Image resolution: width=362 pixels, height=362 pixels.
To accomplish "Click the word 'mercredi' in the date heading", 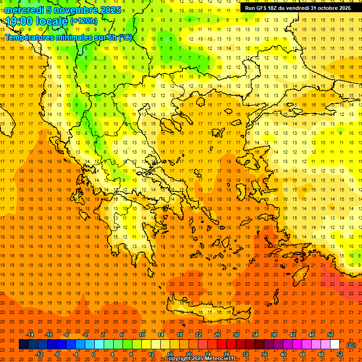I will click(x=24, y=10).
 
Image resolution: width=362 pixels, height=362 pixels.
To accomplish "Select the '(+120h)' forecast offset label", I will click(x=84, y=21).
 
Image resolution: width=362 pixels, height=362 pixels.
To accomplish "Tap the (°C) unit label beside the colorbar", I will click(x=351, y=345).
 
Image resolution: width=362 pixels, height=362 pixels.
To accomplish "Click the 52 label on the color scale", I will click(x=340, y=354).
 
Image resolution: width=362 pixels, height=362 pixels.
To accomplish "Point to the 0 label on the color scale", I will click(x=93, y=354).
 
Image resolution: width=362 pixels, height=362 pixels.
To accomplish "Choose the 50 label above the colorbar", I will click(x=330, y=335).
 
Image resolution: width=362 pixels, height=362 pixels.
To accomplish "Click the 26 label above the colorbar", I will click(x=217, y=335).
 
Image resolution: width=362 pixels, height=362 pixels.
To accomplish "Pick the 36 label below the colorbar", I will click(x=264, y=354).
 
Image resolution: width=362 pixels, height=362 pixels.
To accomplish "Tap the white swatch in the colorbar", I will click(x=335, y=345).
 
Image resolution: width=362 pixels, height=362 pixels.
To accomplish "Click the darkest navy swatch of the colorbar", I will click(x=24, y=345).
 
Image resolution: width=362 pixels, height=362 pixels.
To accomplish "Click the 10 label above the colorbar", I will click(x=142, y=335).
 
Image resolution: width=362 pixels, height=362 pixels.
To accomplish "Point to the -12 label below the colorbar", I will click(x=39, y=354).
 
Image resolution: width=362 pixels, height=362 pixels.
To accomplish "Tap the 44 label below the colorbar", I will click(x=302, y=354).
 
